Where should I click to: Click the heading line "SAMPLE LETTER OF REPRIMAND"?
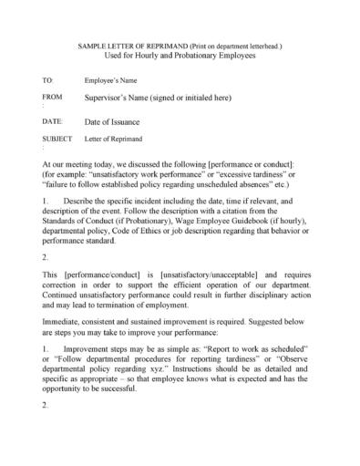tap(133, 45)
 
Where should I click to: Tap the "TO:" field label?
tap(48, 81)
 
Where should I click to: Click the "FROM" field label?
tap(53, 96)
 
